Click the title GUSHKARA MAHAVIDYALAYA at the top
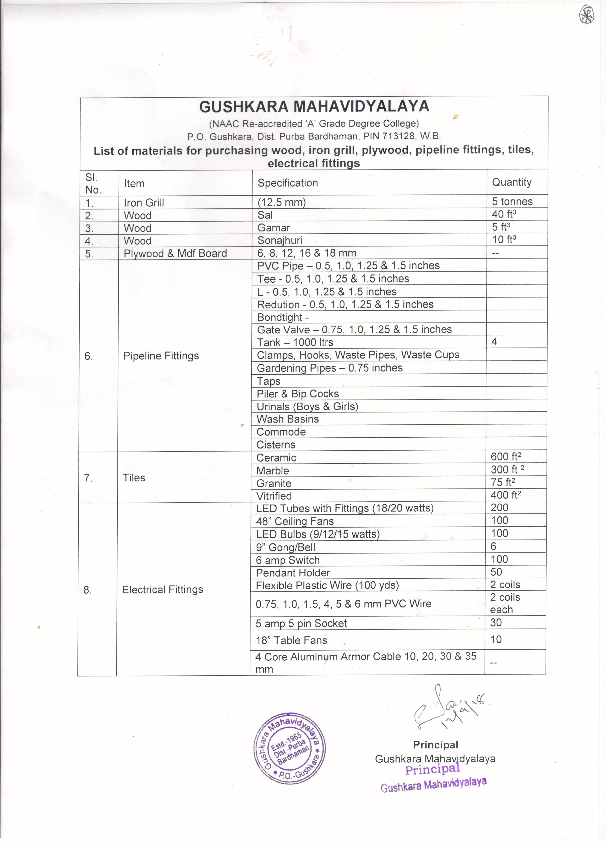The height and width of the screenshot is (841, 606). click(x=314, y=106)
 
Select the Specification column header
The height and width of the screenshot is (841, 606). click(x=288, y=183)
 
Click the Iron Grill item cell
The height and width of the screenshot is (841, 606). click(x=144, y=202)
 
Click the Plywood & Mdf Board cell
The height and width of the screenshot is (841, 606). click(x=175, y=253)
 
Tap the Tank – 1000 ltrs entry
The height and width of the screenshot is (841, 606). click(x=295, y=342)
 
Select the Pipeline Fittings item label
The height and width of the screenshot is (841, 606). click(x=161, y=356)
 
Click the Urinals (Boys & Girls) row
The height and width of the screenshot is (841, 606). click(x=307, y=406)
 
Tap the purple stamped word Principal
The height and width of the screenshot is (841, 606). click(x=432, y=770)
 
